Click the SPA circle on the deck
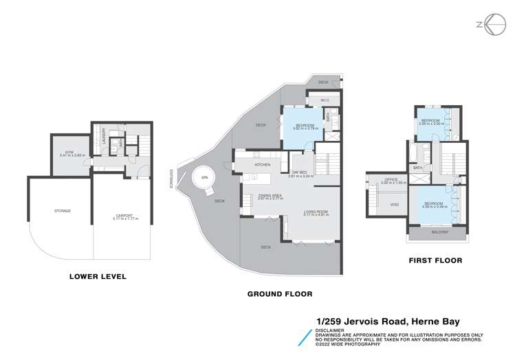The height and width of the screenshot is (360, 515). [204, 179]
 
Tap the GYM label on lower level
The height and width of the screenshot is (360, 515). [69, 152]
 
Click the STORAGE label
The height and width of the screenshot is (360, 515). [63, 210]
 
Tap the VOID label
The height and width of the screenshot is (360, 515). [394, 204]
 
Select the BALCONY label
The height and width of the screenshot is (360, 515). [439, 232]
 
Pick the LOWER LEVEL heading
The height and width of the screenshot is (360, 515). [98, 277]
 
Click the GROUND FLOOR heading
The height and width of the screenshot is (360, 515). [279, 293]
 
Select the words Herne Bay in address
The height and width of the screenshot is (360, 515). [435, 322]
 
